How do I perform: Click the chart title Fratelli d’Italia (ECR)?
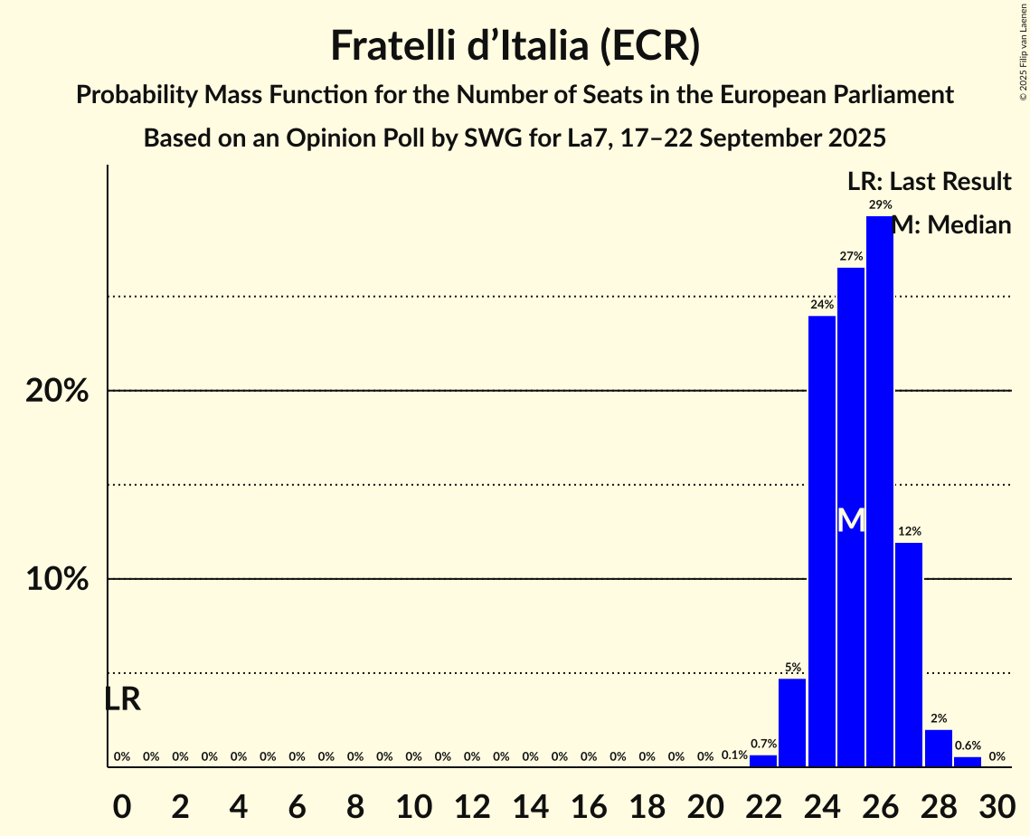pyautogui.click(x=515, y=45)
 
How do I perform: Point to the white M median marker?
pyautogui.click(x=851, y=520)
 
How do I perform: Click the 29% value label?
pyautogui.click(x=880, y=204)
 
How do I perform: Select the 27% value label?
pyautogui.click(x=851, y=256)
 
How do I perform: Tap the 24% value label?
pyautogui.click(x=821, y=305)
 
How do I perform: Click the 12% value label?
pyautogui.click(x=909, y=531)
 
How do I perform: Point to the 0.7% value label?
pyautogui.click(x=763, y=744)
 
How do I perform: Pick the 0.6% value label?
pyautogui.click(x=968, y=746)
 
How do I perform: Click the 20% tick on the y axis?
pyautogui.click(x=57, y=391)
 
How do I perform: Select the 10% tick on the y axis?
pyautogui.click(x=57, y=579)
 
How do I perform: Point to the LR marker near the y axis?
pyautogui.click(x=122, y=699)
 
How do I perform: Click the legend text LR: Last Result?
pyautogui.click(x=929, y=182)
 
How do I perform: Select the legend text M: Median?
pyautogui.click(x=951, y=225)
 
